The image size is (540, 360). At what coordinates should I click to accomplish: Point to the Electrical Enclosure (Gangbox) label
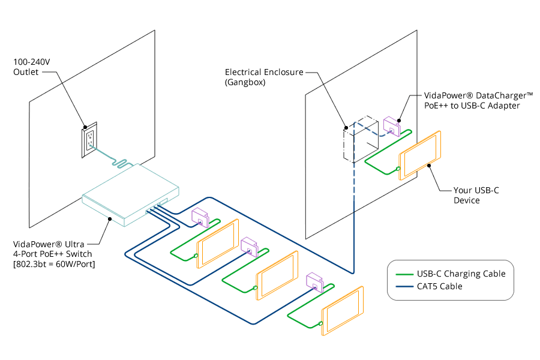coord(263,77)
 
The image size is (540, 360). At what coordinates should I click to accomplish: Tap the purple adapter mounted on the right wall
coord(392,127)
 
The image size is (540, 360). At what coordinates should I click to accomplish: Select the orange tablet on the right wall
coord(420,155)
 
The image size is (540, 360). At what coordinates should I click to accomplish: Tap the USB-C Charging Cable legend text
coord(461,274)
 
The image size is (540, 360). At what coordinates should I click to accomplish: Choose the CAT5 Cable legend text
coord(440,287)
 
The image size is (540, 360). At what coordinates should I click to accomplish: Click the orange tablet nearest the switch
coord(217,242)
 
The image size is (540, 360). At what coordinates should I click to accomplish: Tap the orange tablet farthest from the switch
coord(343,310)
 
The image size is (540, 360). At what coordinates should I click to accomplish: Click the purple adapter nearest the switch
coord(200,217)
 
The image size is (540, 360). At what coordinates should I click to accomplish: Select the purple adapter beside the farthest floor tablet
coord(315,281)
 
